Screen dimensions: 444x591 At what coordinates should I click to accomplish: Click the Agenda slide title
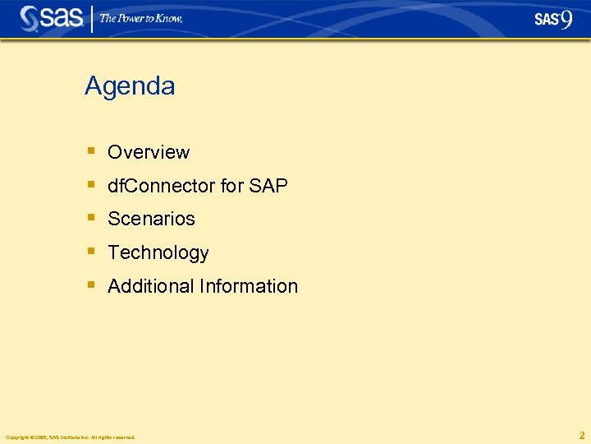pos(130,86)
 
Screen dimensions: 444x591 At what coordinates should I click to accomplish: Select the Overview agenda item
pos(149,152)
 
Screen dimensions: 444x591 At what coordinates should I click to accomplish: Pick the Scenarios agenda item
pos(151,219)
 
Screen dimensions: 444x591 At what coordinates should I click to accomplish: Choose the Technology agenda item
pos(158,252)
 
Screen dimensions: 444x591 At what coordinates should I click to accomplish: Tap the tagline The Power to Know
pos(141,18)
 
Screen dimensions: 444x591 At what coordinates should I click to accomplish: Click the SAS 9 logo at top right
pos(552,19)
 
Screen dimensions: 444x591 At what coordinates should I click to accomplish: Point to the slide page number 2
pos(582,435)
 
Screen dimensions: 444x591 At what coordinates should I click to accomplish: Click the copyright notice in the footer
pos(70,437)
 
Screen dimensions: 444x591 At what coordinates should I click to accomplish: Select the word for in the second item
pos(231,186)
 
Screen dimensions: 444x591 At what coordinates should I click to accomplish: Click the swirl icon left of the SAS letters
pos(30,18)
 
